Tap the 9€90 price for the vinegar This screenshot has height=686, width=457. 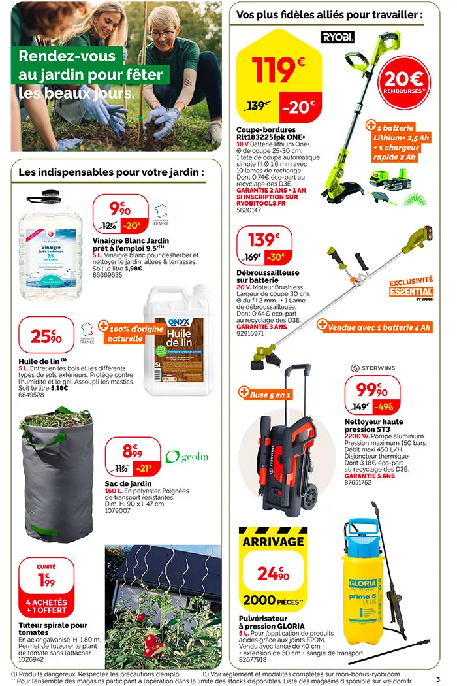[119, 209]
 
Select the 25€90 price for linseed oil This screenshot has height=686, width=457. [47, 337]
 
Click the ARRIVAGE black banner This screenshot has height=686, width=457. [273, 541]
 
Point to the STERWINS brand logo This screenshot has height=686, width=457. [373, 367]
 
